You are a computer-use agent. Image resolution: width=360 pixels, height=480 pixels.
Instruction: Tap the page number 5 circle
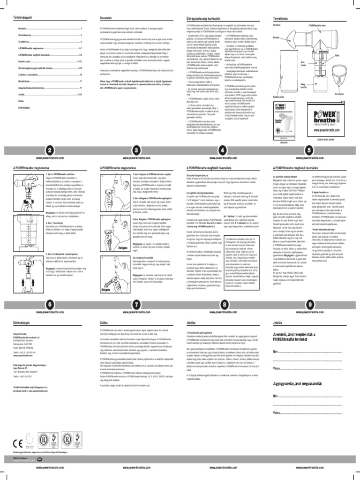309,150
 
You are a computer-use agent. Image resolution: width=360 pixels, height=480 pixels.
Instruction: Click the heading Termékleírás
281,17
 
